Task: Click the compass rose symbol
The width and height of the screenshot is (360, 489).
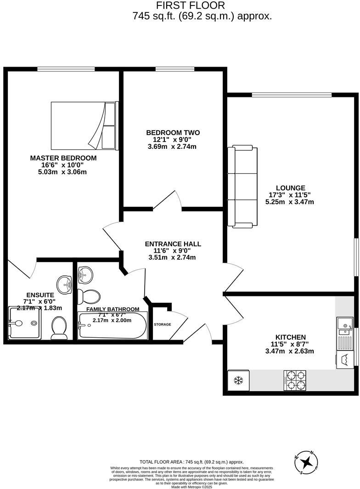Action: coord(306,461)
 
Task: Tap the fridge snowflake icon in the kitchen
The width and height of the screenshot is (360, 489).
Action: coord(238,381)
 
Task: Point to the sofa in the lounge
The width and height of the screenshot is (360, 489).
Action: coord(243,187)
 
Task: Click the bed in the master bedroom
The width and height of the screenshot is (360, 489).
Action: coord(84,125)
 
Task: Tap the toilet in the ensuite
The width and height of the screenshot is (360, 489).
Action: coord(59,327)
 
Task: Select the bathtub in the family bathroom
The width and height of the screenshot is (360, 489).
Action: coord(112,326)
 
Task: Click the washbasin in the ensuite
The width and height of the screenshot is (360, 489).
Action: coord(65,284)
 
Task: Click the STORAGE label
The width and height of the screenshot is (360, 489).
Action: coord(162,324)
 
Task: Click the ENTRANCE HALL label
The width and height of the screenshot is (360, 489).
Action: coord(173,244)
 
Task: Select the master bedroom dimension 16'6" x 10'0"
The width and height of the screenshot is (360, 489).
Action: coord(63,165)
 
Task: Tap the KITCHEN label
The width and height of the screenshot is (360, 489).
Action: coord(291,337)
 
